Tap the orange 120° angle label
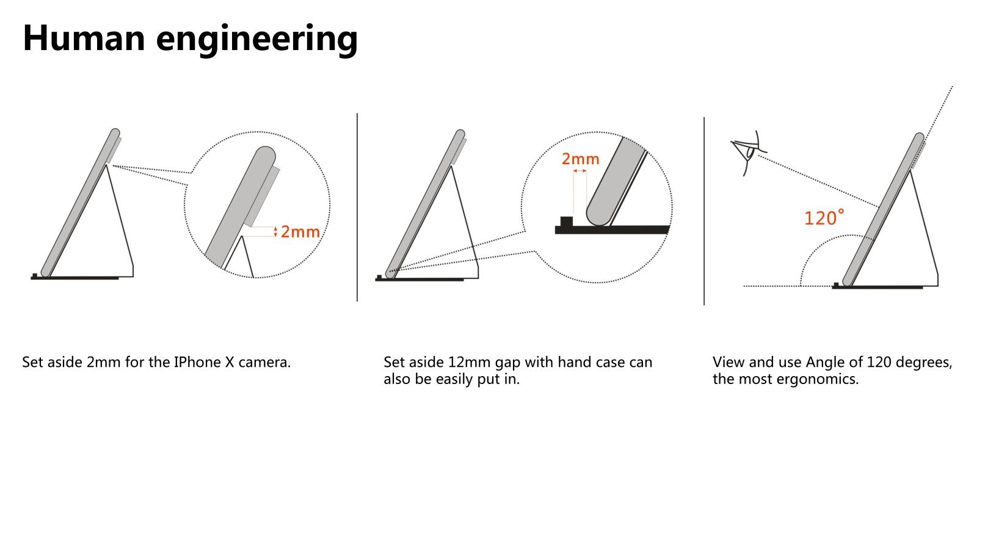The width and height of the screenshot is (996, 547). [x=824, y=218]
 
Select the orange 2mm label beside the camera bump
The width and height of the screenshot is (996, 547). [x=300, y=232]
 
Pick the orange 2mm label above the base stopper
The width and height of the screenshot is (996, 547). [x=580, y=159]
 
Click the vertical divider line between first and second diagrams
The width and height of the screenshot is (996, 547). [x=357, y=208]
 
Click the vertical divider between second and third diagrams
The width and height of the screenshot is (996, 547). [x=704, y=211]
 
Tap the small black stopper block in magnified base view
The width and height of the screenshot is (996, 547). [x=567, y=222]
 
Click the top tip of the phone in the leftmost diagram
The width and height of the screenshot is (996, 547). [x=115, y=132]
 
